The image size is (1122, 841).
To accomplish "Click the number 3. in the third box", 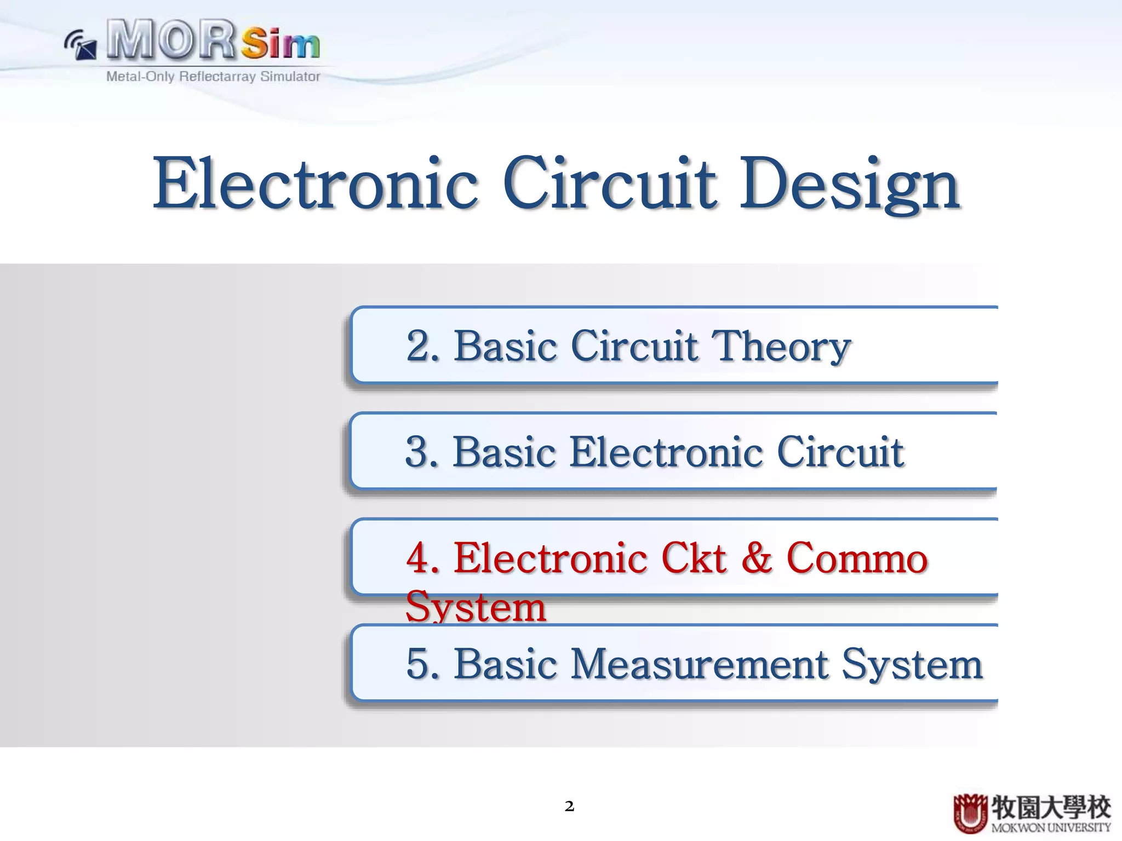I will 422,452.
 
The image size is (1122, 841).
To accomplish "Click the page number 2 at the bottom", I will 569,806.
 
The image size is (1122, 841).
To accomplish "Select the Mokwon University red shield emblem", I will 970,813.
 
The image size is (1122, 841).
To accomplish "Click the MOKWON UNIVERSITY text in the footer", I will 1050,827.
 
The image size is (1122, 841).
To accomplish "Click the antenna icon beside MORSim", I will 81,45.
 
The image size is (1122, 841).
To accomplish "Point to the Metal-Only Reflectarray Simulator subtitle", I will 213,77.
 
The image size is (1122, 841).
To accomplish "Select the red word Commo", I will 856,558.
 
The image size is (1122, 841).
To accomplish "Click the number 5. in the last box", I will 422,664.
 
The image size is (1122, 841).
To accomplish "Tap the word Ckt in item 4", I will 694,558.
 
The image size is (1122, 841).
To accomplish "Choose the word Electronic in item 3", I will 666,452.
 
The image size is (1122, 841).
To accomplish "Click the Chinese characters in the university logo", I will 1050,807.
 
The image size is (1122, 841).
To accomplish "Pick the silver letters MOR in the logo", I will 171,39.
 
